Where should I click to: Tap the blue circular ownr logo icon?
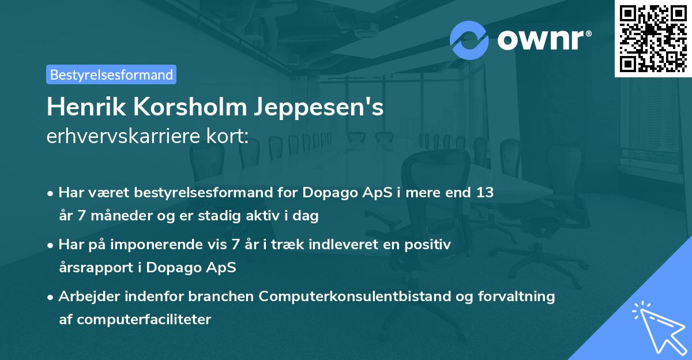pyautogui.click(x=469, y=40)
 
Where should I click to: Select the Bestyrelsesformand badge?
pyautogui.click(x=111, y=74)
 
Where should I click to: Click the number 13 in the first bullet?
pyautogui.click(x=483, y=192)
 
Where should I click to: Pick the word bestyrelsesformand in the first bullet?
pyautogui.click(x=183, y=192)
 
